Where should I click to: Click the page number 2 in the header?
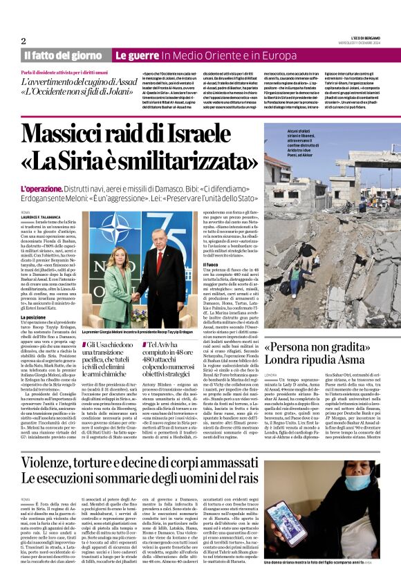click(24, 41)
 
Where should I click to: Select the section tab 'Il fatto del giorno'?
click(63, 55)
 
